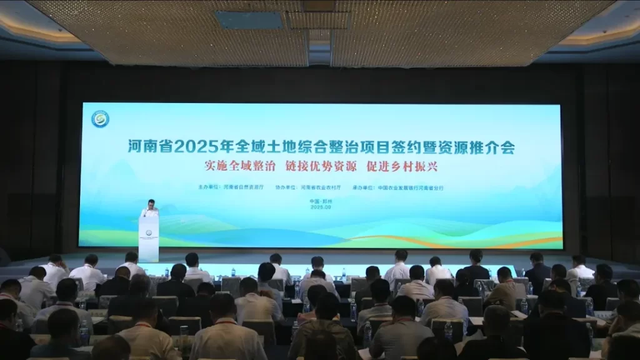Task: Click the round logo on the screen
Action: point(100,119)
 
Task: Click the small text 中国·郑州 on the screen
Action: point(320,201)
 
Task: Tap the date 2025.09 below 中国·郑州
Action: point(320,207)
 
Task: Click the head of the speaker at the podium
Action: point(150,203)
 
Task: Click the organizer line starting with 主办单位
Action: point(231,187)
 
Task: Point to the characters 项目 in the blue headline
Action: point(377,148)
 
